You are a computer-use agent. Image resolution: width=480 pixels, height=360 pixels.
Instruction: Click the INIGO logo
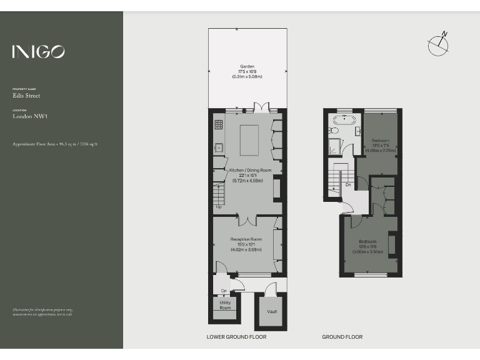pyautogui.click(x=38, y=52)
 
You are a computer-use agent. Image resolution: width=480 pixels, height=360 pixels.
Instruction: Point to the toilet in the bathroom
pyautogui.click(x=334, y=131)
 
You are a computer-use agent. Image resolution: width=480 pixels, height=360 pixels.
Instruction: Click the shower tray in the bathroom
pyautogui.click(x=337, y=147)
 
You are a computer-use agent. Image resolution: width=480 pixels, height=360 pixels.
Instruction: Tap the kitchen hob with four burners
pyautogui.click(x=219, y=125)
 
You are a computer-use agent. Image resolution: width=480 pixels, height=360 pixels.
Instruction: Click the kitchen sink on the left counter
pyautogui.click(x=219, y=148)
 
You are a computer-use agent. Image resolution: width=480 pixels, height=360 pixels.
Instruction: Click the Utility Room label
pyautogui.click(x=225, y=305)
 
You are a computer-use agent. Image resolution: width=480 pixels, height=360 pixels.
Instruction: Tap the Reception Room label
pyautogui.click(x=246, y=239)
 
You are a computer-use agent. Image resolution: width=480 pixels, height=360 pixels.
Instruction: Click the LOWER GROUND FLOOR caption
pyautogui.click(x=236, y=337)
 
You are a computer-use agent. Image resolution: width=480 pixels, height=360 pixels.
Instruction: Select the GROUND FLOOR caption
pyautogui.click(x=342, y=337)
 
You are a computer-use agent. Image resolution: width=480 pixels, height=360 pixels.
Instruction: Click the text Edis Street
pyautogui.click(x=26, y=96)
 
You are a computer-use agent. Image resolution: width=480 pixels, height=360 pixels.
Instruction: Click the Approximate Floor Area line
pyautogui.click(x=55, y=144)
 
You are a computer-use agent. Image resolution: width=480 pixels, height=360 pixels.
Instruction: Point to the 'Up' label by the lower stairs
pyautogui.click(x=219, y=206)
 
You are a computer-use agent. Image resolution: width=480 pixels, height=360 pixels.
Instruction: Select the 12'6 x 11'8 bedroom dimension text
pyautogui.click(x=367, y=247)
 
